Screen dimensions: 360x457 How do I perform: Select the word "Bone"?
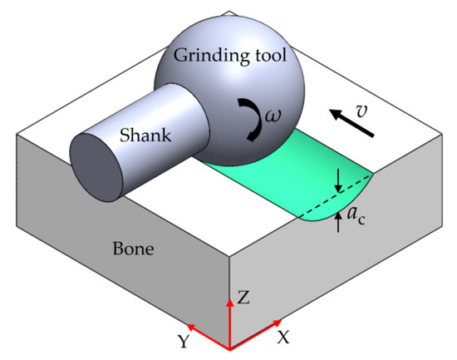pos(132,248)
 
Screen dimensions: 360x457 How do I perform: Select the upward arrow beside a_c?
pos(339,221)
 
